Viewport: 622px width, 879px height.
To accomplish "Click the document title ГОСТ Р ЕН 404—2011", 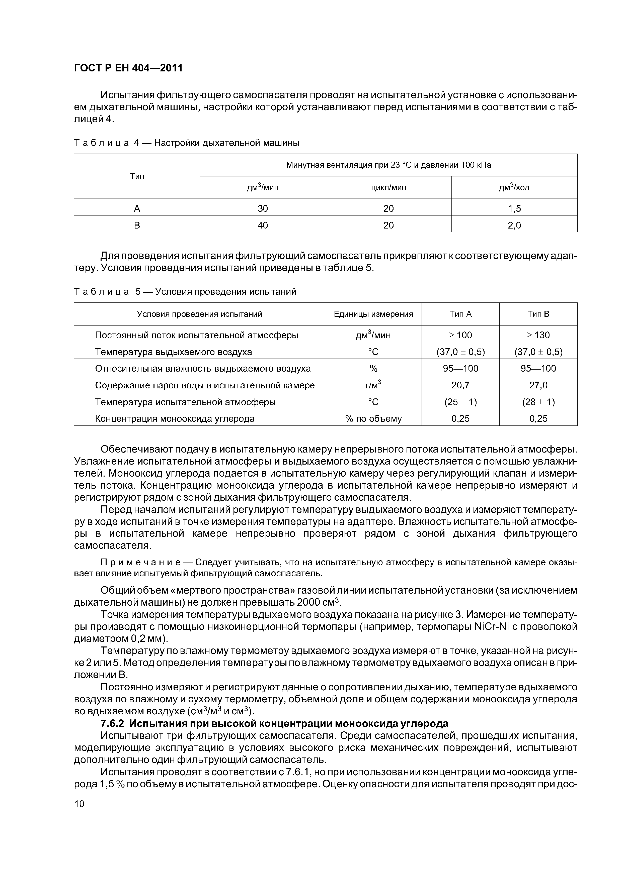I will coord(128,68).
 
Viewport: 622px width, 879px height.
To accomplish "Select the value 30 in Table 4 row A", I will coord(263,209).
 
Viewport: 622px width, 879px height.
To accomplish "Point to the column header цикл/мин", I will coord(388,188).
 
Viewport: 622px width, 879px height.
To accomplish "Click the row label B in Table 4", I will coord(137,226).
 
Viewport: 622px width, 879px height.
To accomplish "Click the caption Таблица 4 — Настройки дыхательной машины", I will coord(186,143).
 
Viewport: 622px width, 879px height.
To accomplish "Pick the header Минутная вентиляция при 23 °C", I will coord(388,165).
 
